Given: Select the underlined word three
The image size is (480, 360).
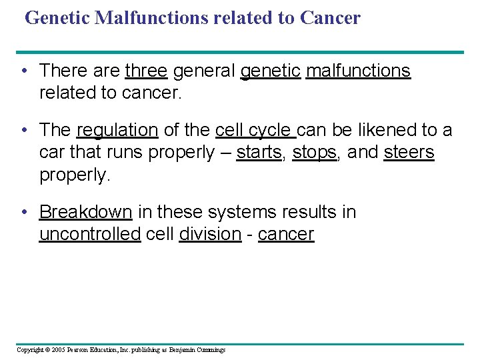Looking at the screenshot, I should (146, 71).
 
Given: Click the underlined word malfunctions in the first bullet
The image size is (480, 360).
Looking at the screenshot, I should (358, 71).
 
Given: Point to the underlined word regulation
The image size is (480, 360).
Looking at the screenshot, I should (117, 130).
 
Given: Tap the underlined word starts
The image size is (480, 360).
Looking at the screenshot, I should (259, 153).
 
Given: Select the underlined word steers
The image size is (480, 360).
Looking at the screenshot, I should (409, 153).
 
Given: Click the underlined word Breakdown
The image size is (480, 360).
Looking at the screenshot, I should (86, 212).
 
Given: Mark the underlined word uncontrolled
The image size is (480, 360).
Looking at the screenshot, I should (90, 234).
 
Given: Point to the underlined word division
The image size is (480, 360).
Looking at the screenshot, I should (210, 234).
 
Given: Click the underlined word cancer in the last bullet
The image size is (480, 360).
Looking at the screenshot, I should (285, 234).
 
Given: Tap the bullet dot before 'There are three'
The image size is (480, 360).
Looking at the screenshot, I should (24, 71).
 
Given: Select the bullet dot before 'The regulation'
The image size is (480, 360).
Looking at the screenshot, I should (24, 131).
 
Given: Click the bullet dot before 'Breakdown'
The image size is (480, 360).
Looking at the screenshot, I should (24, 213).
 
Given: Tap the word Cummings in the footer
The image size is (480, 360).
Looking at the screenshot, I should (212, 350).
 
